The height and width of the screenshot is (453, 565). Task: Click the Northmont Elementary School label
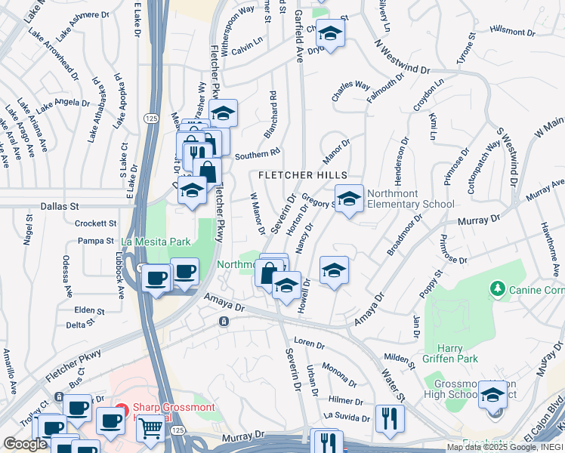pyautogui.click(x=410, y=199)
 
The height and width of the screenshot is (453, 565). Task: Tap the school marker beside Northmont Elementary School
pyautogui.click(x=348, y=199)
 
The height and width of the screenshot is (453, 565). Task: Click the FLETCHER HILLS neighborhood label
pyautogui.click(x=304, y=174)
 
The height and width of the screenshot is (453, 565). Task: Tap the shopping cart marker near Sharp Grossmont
pyautogui.click(x=151, y=429)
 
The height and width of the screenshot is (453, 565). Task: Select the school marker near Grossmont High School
pyautogui.click(x=492, y=396)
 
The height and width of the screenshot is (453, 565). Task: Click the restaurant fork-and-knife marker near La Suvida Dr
pyautogui.click(x=390, y=419)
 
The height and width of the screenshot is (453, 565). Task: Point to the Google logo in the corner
pyautogui.click(x=25, y=444)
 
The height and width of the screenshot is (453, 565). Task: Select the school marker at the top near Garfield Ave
pyautogui.click(x=330, y=33)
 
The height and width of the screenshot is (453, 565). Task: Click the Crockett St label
pyautogui.click(x=96, y=223)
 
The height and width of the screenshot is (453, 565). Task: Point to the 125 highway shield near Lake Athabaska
pyautogui.click(x=150, y=119)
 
